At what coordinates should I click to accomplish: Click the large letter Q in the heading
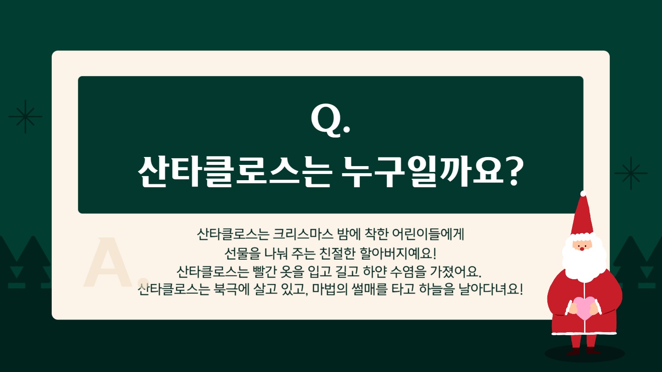(x=326, y=120)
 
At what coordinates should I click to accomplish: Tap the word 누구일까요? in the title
(x=432, y=172)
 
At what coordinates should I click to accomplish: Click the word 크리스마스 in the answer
(x=303, y=234)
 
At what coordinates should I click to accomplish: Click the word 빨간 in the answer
(x=264, y=272)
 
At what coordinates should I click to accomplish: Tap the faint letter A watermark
(x=107, y=263)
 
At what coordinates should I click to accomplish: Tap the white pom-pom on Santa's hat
(x=583, y=193)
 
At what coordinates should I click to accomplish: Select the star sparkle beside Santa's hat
(x=631, y=173)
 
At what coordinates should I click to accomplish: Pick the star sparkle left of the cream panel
(x=25, y=116)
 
